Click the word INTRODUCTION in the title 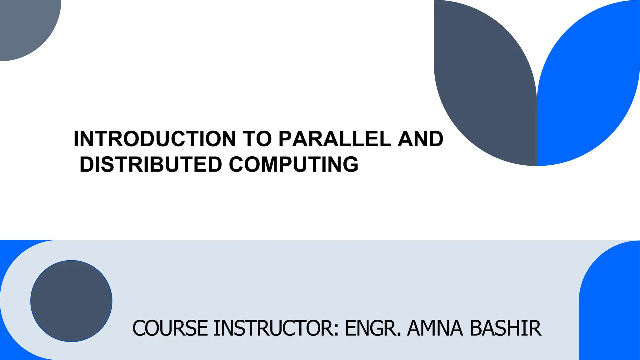point(155,139)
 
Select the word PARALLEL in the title point(335,139)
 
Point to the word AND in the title point(421,139)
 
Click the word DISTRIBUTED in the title point(151,164)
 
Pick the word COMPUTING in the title point(294,164)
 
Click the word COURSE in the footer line point(170,328)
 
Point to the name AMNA point(435,328)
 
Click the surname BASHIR point(505,328)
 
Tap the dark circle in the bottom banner point(71,301)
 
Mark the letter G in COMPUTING point(351,164)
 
